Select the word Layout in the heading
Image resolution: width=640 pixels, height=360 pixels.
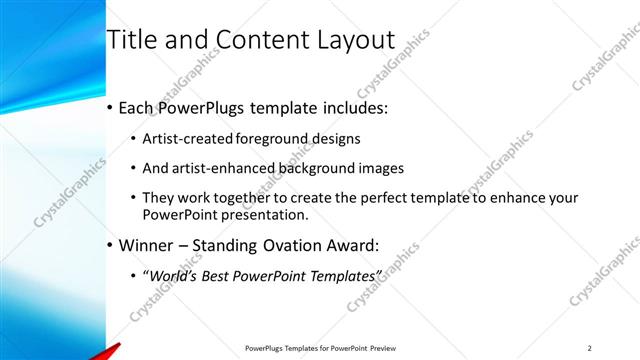[x=355, y=40]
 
